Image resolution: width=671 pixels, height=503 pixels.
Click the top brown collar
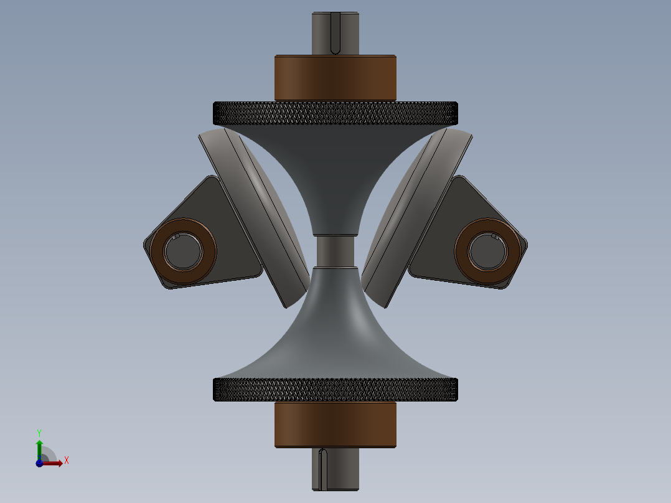pyautogui.click(x=335, y=78)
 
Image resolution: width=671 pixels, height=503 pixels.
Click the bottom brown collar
pyautogui.click(x=335, y=425)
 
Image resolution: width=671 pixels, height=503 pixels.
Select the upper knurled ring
pyautogui.click(x=335, y=113)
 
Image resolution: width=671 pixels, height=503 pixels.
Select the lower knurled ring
pyautogui.click(x=335, y=390)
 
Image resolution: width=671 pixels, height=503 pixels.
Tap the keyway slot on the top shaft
pyautogui.click(x=335, y=32)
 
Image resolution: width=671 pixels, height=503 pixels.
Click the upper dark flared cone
pyautogui.click(x=335, y=168)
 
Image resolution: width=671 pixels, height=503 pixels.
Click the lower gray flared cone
pyautogui.click(x=335, y=336)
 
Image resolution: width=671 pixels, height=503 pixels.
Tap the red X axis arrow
pyautogui.click(x=54, y=463)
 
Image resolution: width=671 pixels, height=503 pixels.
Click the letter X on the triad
pyautogui.click(x=66, y=461)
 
